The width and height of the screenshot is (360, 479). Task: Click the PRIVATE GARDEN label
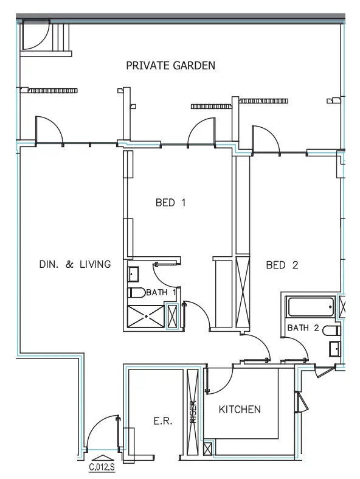pos(170,65)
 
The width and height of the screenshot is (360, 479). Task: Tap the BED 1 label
pos(170,203)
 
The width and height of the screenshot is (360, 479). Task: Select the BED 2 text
pos(282,265)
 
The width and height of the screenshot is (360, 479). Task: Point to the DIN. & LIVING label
pos(75,264)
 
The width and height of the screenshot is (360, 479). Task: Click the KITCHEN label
pos(240,410)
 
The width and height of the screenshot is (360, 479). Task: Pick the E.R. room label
pos(163,421)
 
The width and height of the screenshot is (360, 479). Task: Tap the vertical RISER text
pos(193,412)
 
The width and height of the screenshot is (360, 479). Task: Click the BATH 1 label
pos(161,292)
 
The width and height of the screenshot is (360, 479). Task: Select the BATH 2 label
pos(303,328)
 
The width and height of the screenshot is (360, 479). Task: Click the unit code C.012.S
pos(102,467)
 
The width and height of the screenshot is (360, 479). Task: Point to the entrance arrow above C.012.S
pos(102,458)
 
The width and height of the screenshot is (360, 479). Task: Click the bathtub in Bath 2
pos(310,307)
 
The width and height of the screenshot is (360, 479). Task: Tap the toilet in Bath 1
pos(136,293)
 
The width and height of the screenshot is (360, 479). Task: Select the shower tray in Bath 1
pos(146,316)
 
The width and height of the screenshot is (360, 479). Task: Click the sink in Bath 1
pos(133,274)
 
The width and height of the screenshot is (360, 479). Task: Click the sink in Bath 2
pos(334,349)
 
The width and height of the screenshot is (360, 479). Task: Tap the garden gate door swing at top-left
pos(36,34)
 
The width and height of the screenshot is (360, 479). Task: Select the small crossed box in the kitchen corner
pos(208,449)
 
